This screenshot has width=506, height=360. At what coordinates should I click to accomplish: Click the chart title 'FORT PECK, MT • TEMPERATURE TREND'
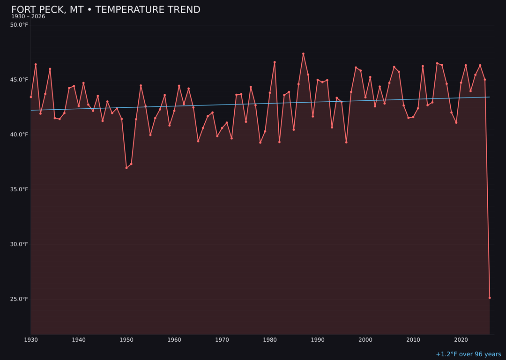[x=105, y=10]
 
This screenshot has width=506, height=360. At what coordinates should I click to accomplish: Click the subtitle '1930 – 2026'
[x=28, y=17]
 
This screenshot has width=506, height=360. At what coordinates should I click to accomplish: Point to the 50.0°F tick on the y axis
[x=19, y=25]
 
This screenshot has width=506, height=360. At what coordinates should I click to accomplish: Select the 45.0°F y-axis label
[x=19, y=80]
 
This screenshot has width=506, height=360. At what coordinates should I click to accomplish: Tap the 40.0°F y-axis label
[x=19, y=135]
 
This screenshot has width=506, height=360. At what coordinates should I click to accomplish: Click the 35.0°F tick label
[x=19, y=189]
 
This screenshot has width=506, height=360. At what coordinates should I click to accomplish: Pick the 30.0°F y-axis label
[x=19, y=244]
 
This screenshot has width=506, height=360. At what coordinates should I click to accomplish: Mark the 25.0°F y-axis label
[x=19, y=299]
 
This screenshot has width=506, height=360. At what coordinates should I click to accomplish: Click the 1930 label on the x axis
[x=31, y=340]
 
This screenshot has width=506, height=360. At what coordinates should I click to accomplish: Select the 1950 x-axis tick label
[x=126, y=340]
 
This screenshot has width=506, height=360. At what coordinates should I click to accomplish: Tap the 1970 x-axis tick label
[x=222, y=340]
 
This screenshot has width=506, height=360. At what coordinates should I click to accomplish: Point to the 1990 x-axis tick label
[x=318, y=340]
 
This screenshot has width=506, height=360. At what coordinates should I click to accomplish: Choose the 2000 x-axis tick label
[x=365, y=340]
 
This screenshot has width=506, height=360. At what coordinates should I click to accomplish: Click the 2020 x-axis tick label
[x=461, y=340]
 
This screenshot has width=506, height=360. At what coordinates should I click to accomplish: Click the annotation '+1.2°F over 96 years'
[x=468, y=354]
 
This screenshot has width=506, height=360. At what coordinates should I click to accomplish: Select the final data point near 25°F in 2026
[x=490, y=298]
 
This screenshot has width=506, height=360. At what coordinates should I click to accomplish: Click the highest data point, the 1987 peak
[x=303, y=54]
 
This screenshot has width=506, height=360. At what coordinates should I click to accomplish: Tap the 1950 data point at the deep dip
[x=126, y=168]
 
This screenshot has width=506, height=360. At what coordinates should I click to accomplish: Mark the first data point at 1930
[x=31, y=97]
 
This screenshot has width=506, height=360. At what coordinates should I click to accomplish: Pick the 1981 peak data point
[x=275, y=62]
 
